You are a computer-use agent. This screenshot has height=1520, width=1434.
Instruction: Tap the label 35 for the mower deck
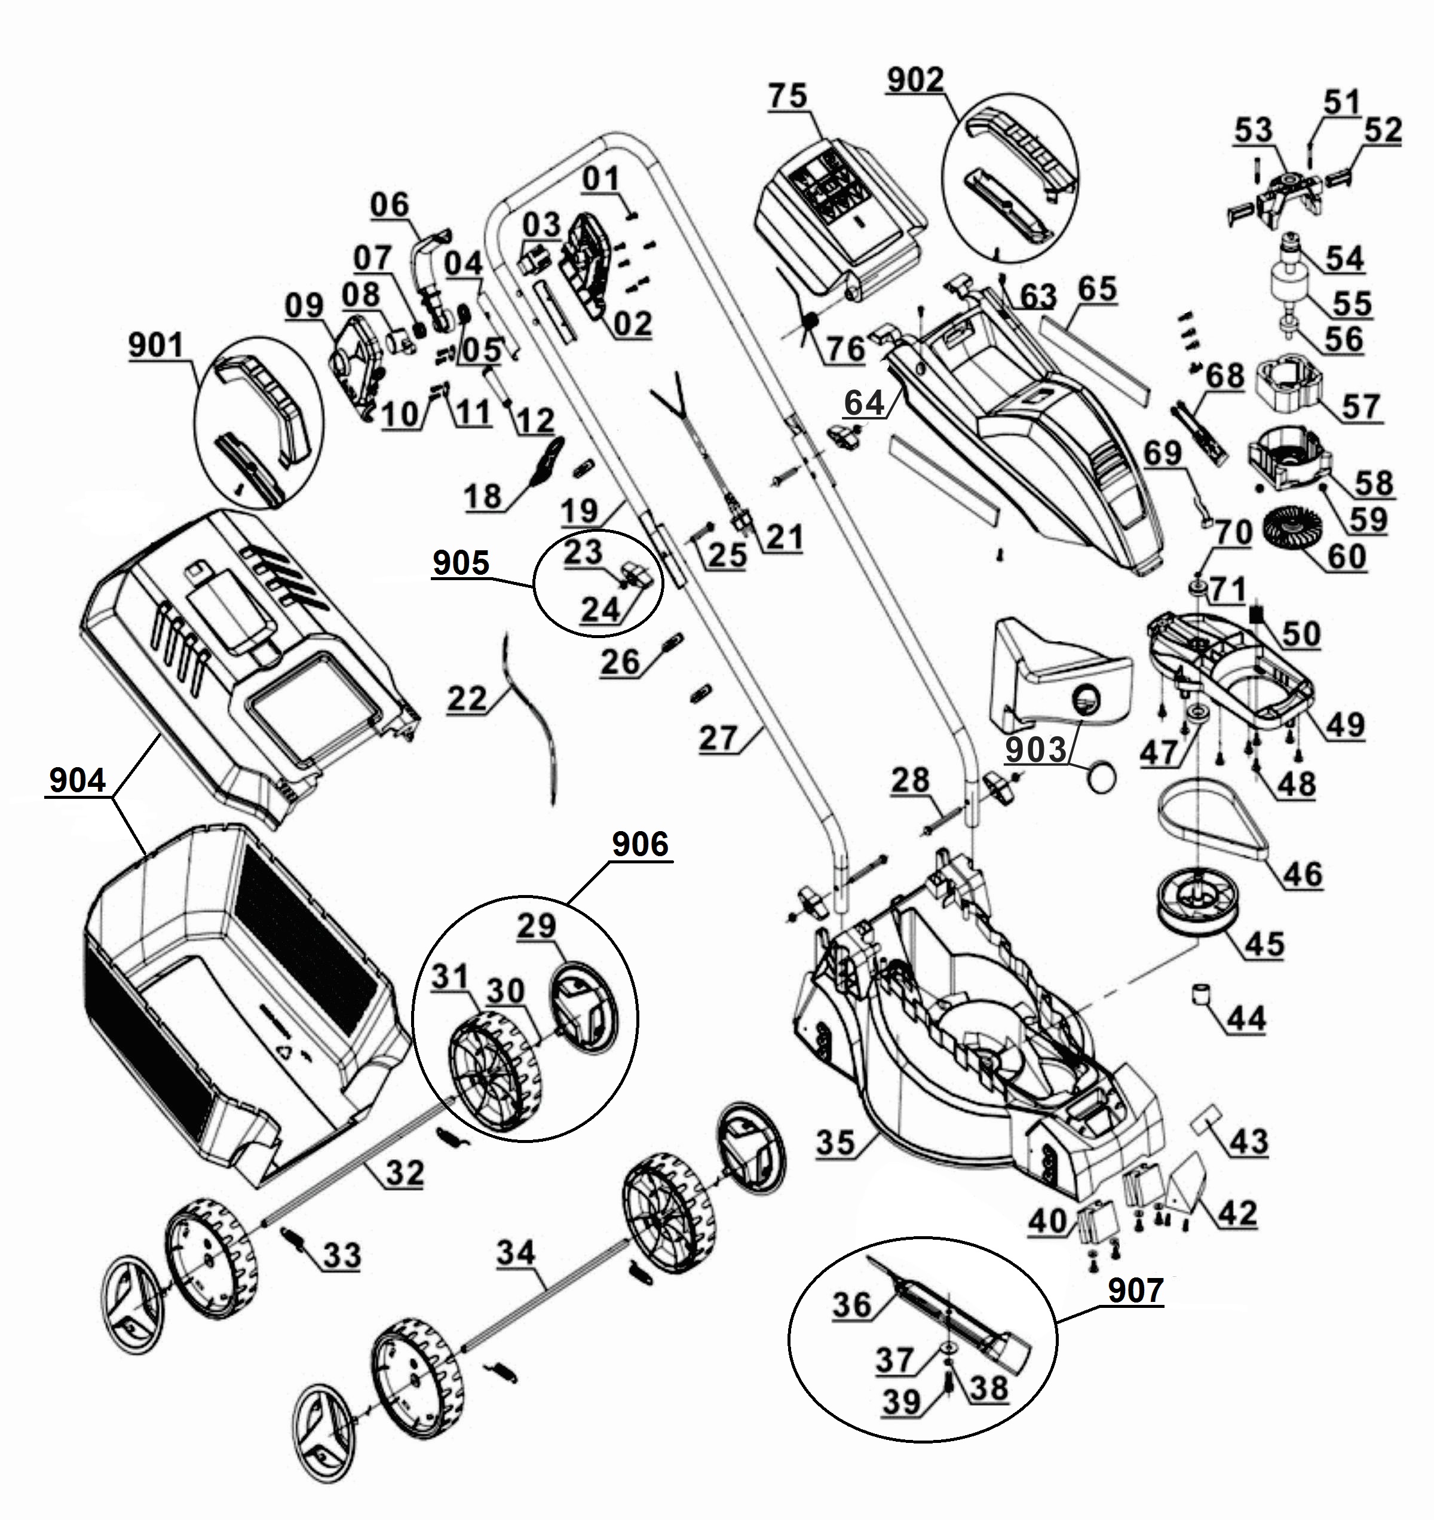point(835,1142)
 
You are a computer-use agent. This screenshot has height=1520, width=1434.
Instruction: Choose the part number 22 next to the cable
point(467,698)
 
